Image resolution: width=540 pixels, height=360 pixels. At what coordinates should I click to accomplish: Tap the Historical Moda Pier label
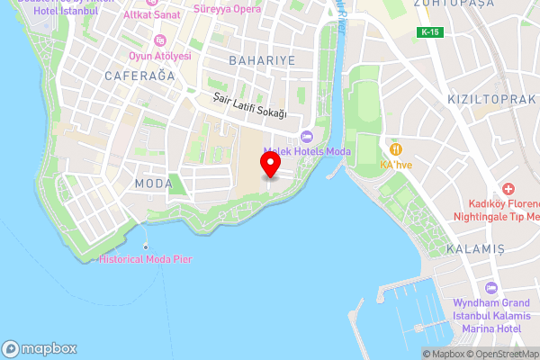click(146, 259)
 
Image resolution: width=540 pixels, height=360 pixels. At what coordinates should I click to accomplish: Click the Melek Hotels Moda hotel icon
click(306, 137)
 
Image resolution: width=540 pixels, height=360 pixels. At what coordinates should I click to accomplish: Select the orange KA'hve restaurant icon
click(394, 148)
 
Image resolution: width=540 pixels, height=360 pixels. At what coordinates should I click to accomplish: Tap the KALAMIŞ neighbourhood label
click(474, 247)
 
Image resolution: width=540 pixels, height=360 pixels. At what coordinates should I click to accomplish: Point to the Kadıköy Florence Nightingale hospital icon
click(508, 189)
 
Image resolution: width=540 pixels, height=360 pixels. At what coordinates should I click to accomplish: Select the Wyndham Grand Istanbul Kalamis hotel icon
click(490, 288)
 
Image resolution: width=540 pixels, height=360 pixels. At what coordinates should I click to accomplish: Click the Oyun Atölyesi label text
click(159, 55)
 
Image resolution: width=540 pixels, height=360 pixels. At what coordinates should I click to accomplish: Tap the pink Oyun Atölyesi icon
click(160, 40)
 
